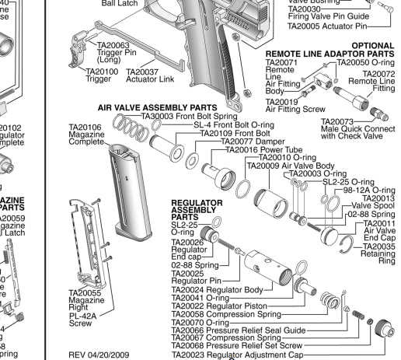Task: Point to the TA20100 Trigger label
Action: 99,76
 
